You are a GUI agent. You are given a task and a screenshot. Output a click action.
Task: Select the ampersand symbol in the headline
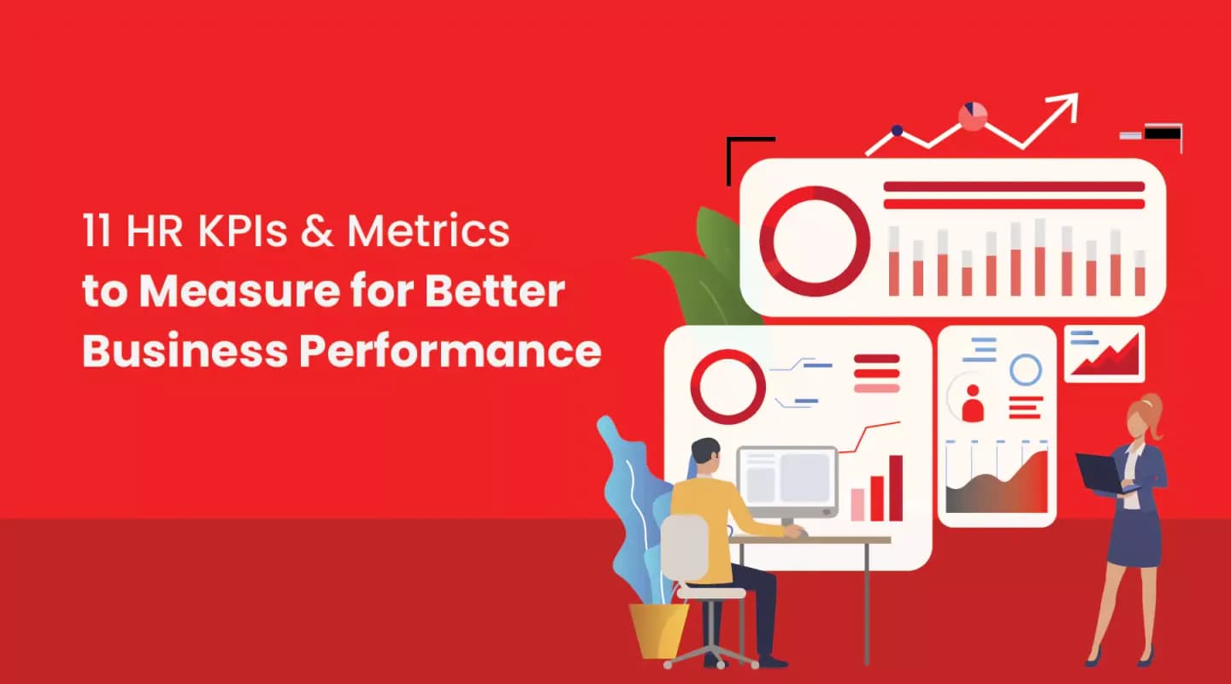pyautogui.click(x=317, y=232)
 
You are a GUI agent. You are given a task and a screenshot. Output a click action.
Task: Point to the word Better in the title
pyautogui.click(x=508, y=292)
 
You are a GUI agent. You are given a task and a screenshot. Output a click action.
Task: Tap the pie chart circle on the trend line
pyautogui.click(x=973, y=116)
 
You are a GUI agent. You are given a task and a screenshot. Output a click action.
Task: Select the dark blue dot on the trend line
pyautogui.click(x=897, y=131)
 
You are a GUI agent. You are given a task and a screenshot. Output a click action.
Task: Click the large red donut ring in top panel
pyautogui.click(x=814, y=240)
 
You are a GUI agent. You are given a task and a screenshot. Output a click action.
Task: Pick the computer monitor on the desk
pyautogui.click(x=786, y=480)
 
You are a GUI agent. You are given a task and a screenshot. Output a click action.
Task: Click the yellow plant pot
pyautogui.click(x=659, y=630)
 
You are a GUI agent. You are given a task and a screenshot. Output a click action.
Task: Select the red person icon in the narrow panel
pyautogui.click(x=973, y=403)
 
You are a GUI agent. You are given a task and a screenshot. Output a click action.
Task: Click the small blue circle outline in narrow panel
pyautogui.click(x=1025, y=370)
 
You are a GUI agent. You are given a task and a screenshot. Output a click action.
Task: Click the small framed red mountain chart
pyautogui.click(x=1104, y=353)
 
